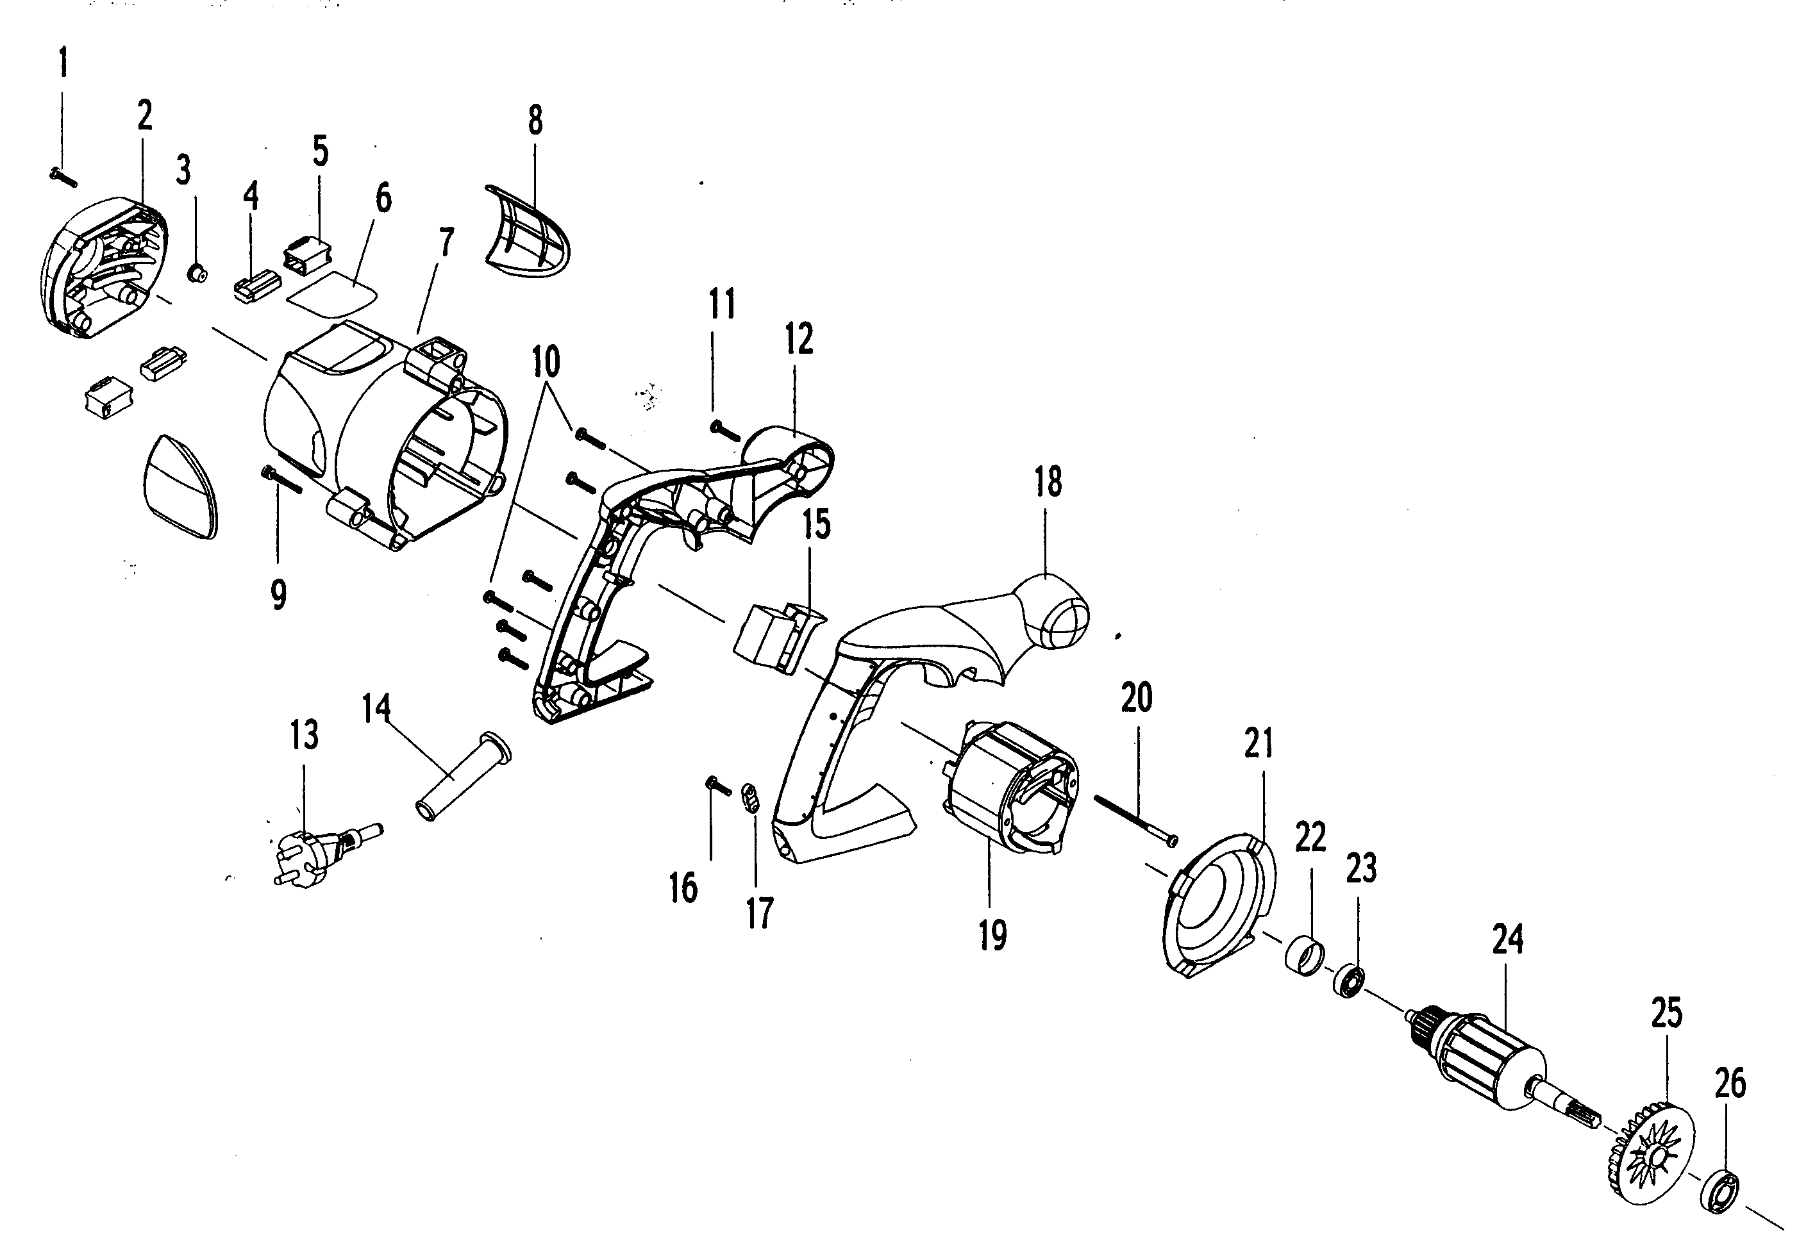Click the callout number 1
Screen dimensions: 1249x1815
point(63,62)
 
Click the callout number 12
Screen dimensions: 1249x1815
point(799,339)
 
